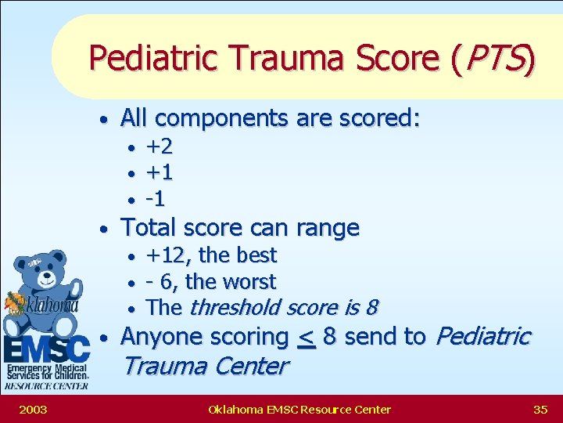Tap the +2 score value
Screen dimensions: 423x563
coord(160,146)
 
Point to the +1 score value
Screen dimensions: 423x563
coord(160,172)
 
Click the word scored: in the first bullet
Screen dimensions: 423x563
coord(381,118)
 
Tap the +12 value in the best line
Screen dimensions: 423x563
coord(167,255)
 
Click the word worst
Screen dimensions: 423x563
coord(249,281)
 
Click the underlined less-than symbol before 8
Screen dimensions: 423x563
coord(306,338)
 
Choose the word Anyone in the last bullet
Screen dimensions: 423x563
coord(160,338)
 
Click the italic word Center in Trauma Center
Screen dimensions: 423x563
coord(249,366)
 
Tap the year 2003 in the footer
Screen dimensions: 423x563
coord(32,409)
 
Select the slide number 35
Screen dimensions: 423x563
coord(540,409)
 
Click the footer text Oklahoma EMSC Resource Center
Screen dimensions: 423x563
coord(299,409)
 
